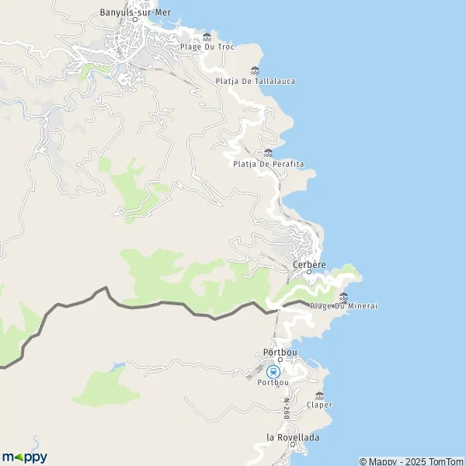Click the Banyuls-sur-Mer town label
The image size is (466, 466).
pos(135,12)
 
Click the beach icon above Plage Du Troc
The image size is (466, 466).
pos(207,37)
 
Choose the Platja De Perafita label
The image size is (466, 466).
pos(268,163)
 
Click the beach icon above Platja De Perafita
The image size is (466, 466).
pos(268,152)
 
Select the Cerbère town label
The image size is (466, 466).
pos(309,264)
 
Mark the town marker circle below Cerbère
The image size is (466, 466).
pos(309,273)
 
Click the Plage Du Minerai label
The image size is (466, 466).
pos(343,306)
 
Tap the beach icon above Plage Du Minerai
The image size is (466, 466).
pos(343,296)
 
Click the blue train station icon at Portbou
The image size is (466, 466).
pos(273,371)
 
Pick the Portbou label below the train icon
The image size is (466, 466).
pos(273,382)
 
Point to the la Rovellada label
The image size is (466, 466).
pos(293,437)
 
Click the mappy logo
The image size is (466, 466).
pos(24,457)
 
